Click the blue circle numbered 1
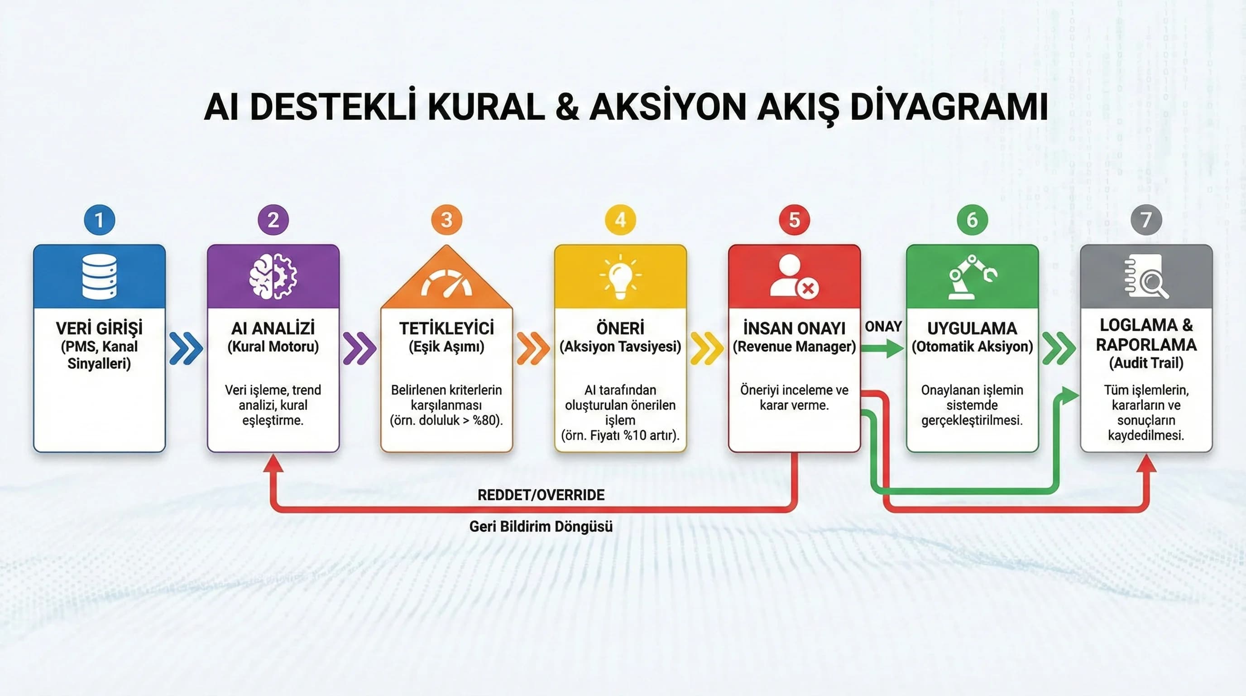pos(99,220)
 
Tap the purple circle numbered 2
pos(273,220)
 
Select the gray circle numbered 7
pos(1146,220)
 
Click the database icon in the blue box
pos(99,276)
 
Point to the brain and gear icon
pos(273,276)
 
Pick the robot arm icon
pos(972,277)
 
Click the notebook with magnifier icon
pos(1146,277)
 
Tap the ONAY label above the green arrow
pos(883,327)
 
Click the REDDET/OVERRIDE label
pos(541,495)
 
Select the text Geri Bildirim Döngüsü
pos(541,526)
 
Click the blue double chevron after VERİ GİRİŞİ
pos(186,348)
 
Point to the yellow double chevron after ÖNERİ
pos(707,348)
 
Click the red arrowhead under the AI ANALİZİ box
pos(274,464)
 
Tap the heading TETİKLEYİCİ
pos(446,328)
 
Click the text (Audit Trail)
pos(1146,363)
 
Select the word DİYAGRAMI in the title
pos(949,107)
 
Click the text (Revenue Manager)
pos(794,347)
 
